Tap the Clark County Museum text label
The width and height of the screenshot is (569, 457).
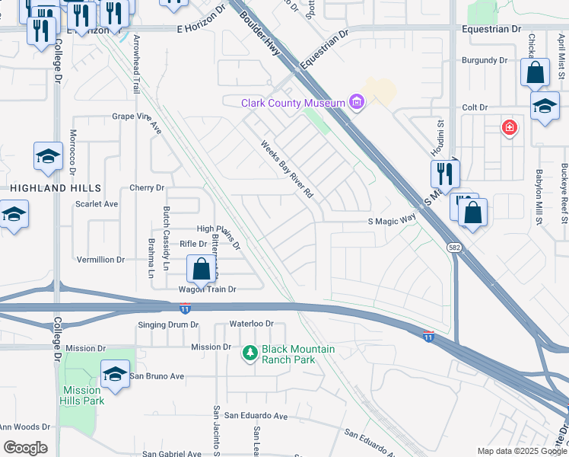(x=293, y=103)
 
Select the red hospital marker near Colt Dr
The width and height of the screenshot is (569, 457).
(x=508, y=128)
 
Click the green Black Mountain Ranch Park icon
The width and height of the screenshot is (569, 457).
(x=250, y=353)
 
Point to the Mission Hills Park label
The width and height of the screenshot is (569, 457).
(x=82, y=395)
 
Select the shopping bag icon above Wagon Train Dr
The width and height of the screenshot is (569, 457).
(x=201, y=269)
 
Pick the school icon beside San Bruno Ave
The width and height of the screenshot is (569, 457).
(x=115, y=374)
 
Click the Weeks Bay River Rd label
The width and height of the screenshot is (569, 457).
(x=288, y=169)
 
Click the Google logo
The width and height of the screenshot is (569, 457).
(x=25, y=448)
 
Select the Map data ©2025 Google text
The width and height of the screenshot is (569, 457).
(x=521, y=451)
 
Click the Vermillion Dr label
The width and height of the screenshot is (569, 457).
(x=100, y=260)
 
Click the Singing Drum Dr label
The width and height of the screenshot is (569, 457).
(x=168, y=324)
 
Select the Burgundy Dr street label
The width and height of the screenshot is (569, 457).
(x=484, y=60)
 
